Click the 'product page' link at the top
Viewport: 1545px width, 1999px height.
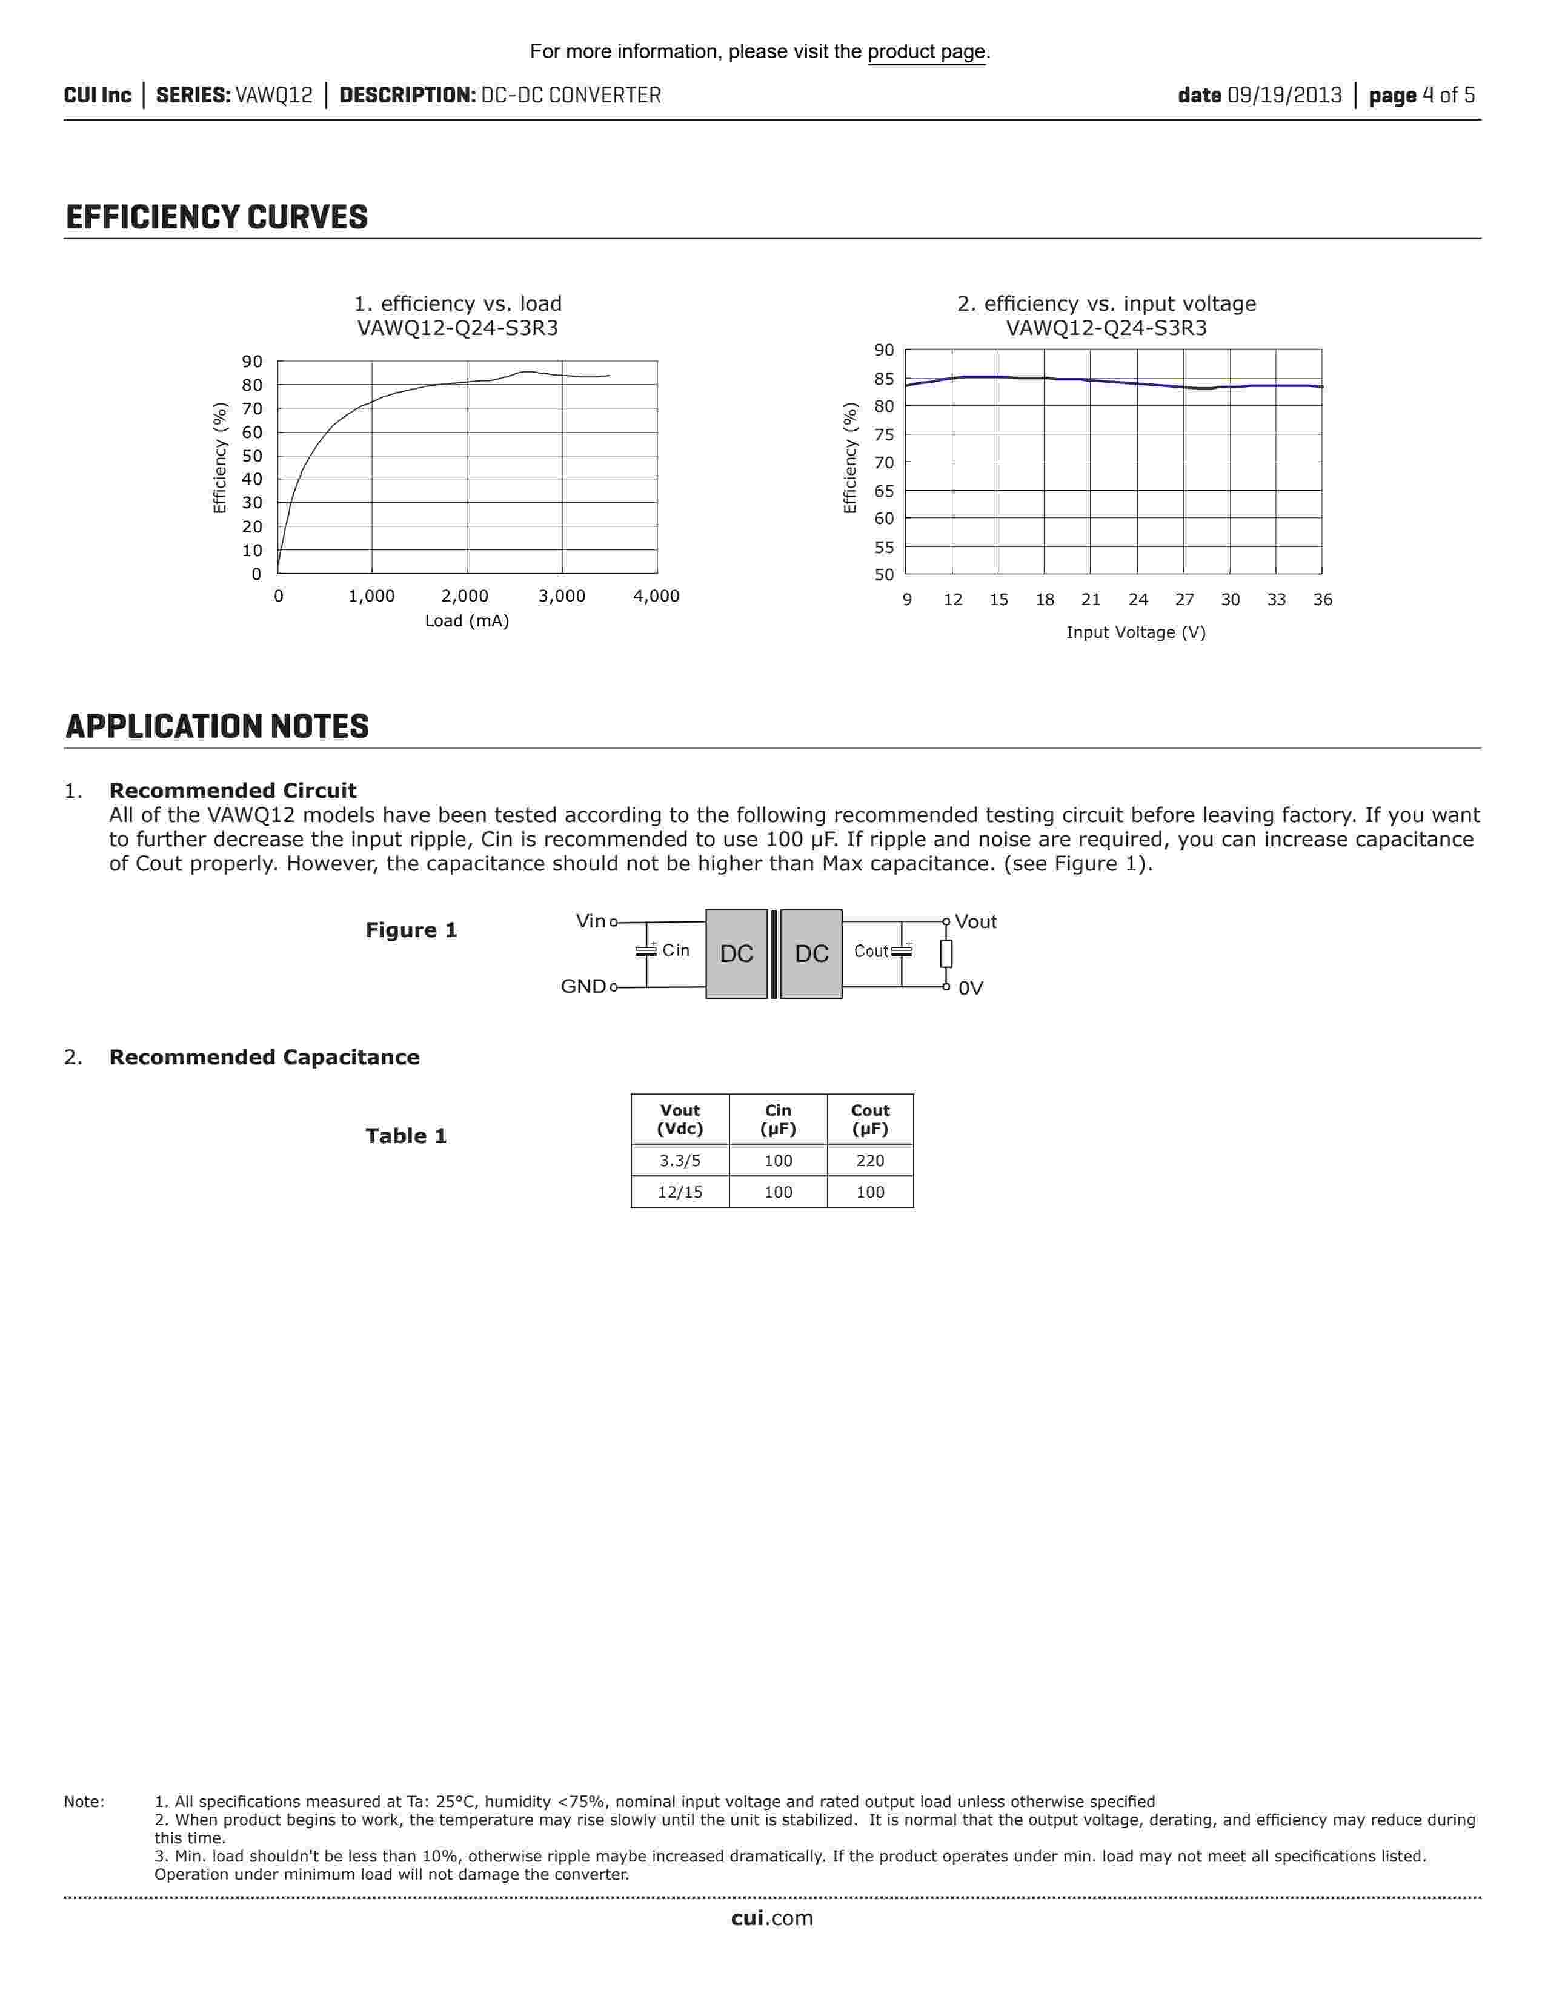(x=926, y=52)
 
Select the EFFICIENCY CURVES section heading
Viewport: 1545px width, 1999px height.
(x=217, y=218)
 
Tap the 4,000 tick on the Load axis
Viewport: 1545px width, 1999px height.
(x=656, y=596)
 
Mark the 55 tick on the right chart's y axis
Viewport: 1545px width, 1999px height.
(x=884, y=548)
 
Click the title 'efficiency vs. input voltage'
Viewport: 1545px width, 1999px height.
(x=1106, y=304)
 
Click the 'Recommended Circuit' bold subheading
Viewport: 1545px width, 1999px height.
(x=233, y=791)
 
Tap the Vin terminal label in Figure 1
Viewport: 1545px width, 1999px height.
(x=590, y=921)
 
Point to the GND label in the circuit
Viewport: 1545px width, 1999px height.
(x=583, y=987)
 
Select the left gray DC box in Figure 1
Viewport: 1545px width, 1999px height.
(x=736, y=953)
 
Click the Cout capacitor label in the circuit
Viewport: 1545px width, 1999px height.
(x=871, y=951)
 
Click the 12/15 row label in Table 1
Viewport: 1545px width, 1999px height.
(x=680, y=1192)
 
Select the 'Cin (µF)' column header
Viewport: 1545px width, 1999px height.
(x=778, y=1119)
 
